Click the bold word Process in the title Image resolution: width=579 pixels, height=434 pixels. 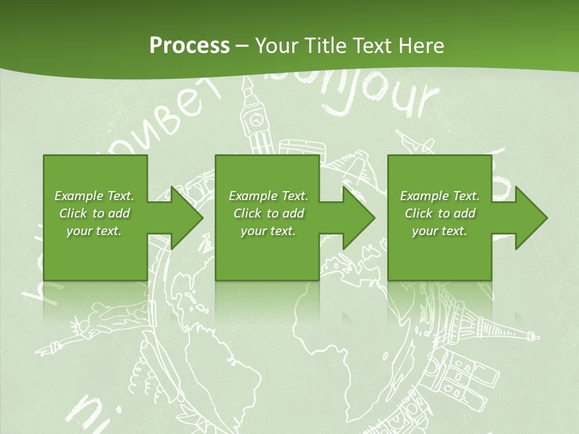coord(189,45)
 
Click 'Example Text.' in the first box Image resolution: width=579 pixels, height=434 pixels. coord(94,196)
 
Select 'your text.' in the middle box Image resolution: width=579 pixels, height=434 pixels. coord(268,231)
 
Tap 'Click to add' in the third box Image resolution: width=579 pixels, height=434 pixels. coord(440,213)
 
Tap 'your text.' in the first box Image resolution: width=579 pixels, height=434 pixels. coord(94,231)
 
